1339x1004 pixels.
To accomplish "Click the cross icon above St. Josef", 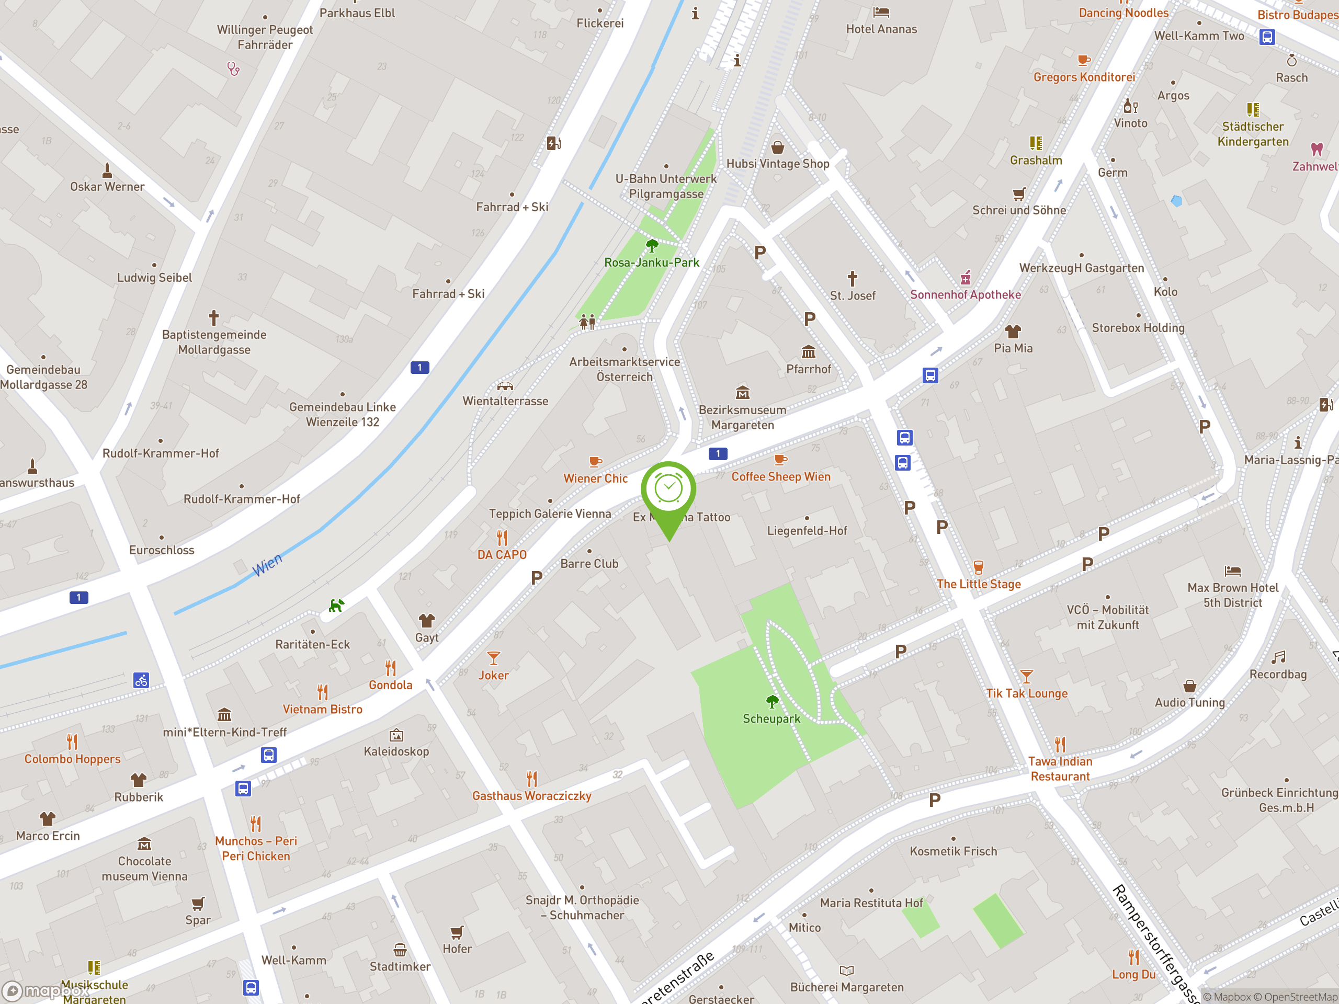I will [853, 278].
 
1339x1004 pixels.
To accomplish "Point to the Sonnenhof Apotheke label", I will [965, 295].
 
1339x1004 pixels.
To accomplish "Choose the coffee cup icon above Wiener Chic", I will [596, 462].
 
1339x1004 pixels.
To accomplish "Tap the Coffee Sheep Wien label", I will [780, 476].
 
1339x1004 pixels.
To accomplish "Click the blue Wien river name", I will [267, 565].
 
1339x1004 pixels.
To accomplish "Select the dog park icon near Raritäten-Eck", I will [336, 604].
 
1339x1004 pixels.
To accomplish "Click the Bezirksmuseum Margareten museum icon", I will [743, 393].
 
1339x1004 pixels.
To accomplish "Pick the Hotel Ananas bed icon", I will [881, 12].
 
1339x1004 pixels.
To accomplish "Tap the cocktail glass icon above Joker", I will [493, 658].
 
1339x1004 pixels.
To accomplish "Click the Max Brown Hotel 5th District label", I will [1232, 595].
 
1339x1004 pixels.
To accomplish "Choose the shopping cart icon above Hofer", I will [457, 932].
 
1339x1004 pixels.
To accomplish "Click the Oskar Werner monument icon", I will [107, 170].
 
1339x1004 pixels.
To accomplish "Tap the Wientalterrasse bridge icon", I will [505, 385].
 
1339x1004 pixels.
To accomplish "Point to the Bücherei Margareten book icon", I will [846, 971].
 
